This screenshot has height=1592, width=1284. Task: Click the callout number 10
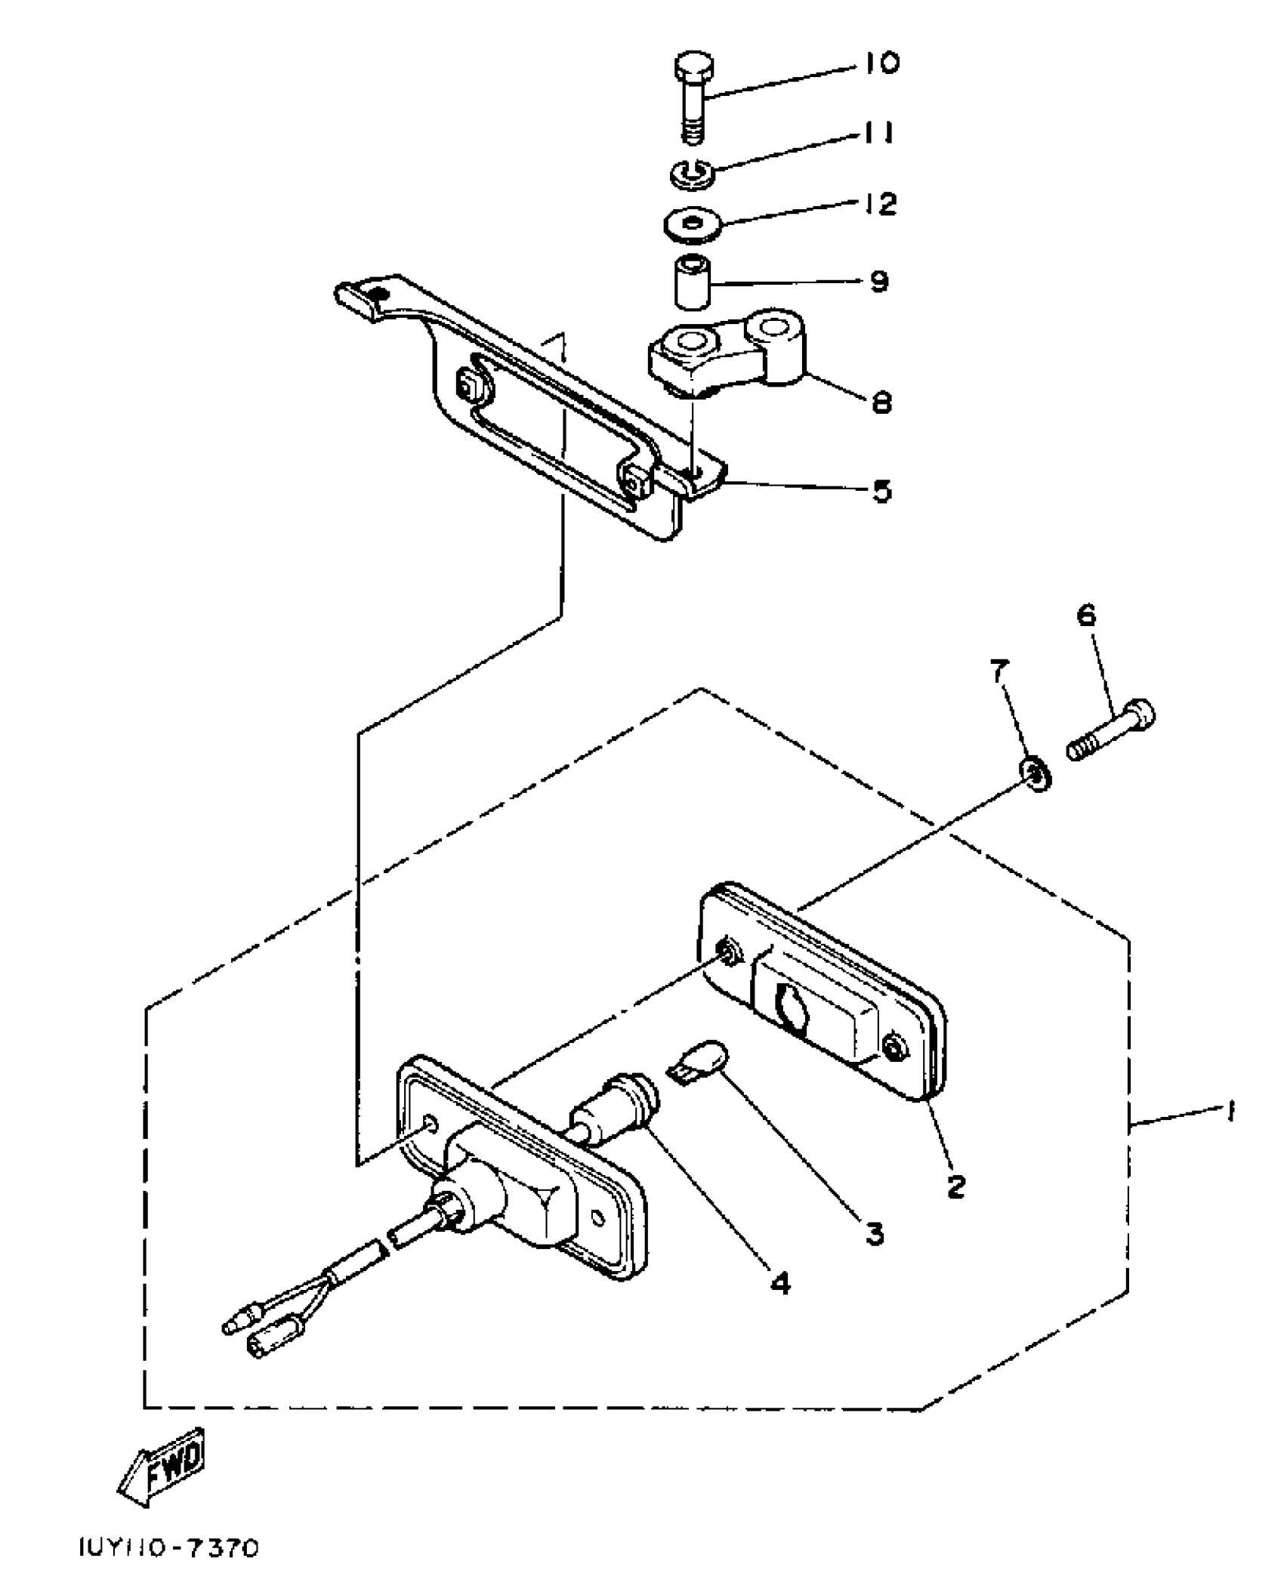pos(879,63)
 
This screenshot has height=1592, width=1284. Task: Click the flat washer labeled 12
pos(692,226)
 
